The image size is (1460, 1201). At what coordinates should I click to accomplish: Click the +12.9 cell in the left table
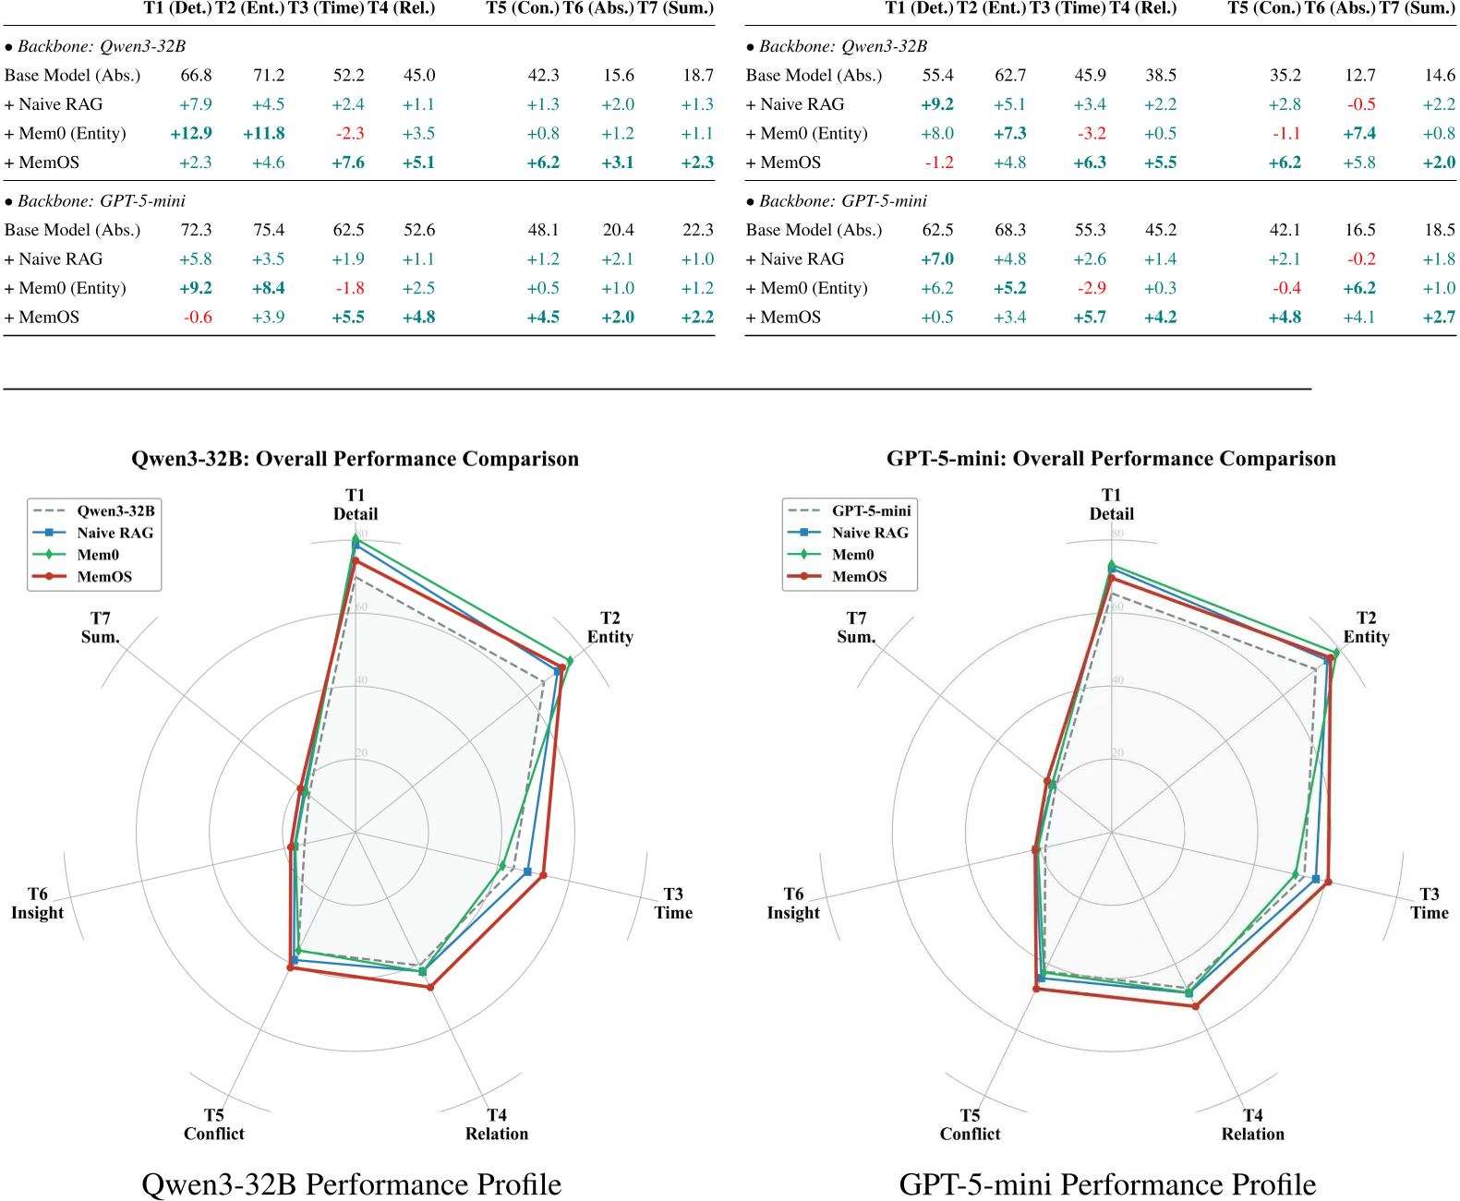pos(191,133)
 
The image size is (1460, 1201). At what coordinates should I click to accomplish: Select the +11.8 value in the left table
pos(264,133)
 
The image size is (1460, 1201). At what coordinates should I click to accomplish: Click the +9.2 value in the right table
pos(937,104)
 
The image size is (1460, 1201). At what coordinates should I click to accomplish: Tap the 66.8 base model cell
pos(196,75)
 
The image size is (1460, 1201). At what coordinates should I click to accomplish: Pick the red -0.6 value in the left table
pos(198,317)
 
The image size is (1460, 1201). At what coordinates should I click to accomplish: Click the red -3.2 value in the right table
pos(1091,133)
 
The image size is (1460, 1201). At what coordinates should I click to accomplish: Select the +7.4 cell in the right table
pos(1359,133)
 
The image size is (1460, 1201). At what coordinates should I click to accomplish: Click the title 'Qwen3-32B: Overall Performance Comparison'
pos(355,459)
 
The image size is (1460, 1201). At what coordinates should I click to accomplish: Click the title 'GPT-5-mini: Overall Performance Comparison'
pos(1111,459)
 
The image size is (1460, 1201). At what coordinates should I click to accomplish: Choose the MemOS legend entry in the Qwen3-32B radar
pos(103,576)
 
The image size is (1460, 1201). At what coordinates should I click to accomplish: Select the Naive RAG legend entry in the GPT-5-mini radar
pos(869,533)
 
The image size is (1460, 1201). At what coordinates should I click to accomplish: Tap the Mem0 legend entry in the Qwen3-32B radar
pos(98,555)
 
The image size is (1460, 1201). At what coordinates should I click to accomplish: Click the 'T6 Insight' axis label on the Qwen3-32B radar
pos(37,903)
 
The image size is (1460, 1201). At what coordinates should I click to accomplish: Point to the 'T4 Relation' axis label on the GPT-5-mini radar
pos(1252,1124)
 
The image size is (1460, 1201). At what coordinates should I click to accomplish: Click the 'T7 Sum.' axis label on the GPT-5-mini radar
pos(856,627)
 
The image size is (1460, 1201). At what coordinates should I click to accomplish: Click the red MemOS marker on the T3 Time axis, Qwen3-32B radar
pos(543,875)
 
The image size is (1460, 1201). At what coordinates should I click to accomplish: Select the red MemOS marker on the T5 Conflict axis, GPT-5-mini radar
pos(1036,989)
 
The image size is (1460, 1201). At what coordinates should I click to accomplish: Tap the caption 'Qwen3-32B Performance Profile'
pos(351,1183)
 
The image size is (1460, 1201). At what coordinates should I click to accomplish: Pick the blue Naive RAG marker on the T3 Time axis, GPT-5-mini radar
pos(1316,879)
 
